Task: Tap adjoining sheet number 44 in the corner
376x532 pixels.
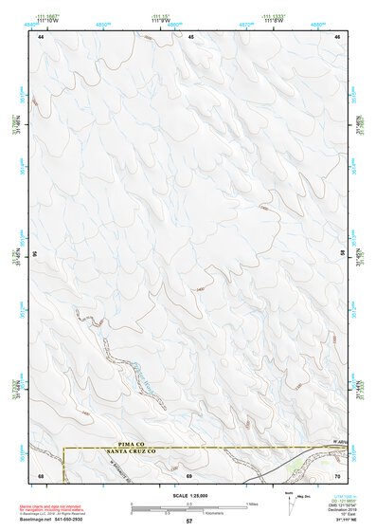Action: click(x=41, y=36)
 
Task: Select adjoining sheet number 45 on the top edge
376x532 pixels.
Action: click(x=190, y=36)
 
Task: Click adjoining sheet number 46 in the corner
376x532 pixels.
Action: click(x=338, y=36)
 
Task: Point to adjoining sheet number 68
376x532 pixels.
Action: click(x=41, y=474)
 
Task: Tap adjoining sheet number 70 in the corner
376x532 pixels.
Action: click(x=338, y=474)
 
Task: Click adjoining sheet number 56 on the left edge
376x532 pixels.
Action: click(x=35, y=254)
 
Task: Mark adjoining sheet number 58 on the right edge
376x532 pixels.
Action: click(x=344, y=254)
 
